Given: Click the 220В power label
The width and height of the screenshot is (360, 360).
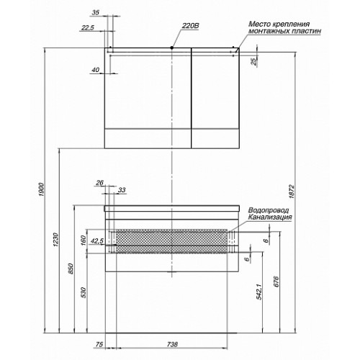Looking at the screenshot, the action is point(190,26).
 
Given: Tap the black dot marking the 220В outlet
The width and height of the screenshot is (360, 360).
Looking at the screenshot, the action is point(172,48).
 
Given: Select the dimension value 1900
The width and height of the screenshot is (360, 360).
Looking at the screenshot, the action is point(42,189).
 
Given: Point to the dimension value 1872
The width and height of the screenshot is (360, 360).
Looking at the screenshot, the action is point(292,192).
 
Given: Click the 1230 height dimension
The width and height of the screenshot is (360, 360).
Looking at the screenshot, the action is point(55,239).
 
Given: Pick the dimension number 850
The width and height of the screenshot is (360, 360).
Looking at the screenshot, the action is point(71,269).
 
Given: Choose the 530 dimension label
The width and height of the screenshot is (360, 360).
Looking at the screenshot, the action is point(84,292).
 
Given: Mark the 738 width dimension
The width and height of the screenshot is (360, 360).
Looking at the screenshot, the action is point(172,344).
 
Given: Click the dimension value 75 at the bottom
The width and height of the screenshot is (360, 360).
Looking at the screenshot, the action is point(99,344).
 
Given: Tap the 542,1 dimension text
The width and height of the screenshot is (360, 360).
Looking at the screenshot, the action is point(259,291).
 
